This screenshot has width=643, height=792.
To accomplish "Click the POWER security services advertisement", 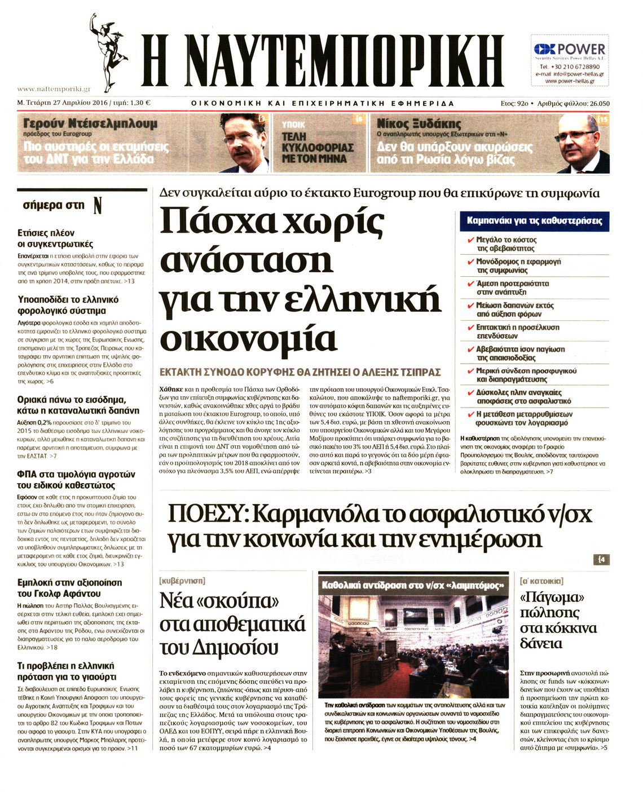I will click(570, 60).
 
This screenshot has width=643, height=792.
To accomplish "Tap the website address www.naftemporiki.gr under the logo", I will click(54, 89).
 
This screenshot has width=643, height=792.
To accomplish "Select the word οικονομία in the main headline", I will click(248, 338).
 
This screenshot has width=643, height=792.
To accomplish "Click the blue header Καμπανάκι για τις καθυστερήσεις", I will click(534, 221).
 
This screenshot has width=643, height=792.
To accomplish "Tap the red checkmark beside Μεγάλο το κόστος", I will click(469, 240).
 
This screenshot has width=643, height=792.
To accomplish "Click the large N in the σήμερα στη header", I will click(98, 206).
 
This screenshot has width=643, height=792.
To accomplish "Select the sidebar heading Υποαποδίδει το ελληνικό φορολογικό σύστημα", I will click(68, 305).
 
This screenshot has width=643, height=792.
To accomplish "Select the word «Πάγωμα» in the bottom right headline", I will click(551, 597).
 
